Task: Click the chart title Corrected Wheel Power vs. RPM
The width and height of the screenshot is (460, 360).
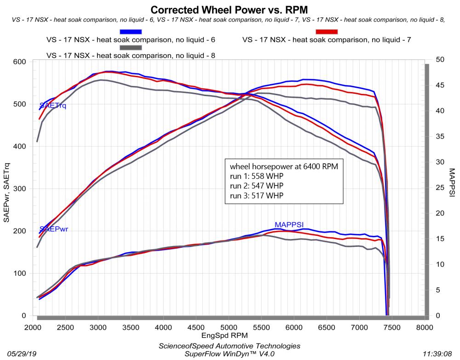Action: coord(229,9)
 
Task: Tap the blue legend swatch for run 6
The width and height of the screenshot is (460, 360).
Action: coord(131,32)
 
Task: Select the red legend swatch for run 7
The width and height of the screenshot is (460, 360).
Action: coord(326,32)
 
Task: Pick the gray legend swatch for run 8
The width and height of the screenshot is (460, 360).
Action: coord(131,47)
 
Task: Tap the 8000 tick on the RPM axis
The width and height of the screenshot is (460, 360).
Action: coord(424,327)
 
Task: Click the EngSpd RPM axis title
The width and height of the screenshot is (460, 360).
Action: coord(229,336)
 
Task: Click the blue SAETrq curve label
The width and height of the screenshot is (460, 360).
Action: coord(53,106)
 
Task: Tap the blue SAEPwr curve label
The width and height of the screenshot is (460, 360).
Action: coord(54,229)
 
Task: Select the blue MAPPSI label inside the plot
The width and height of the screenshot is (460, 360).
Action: coord(289,224)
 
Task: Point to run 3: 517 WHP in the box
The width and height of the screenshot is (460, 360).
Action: coord(254,195)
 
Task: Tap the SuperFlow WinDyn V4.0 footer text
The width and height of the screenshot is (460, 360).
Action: coord(229,354)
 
